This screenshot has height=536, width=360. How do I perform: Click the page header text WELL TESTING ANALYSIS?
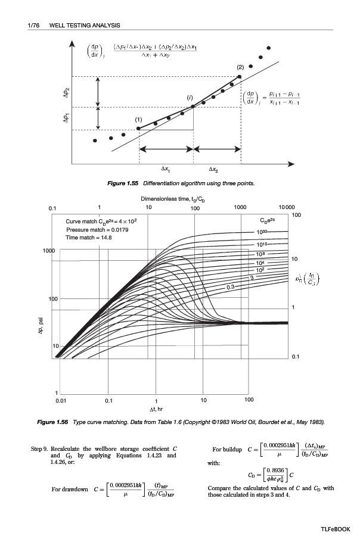pyautogui.click(x=85, y=25)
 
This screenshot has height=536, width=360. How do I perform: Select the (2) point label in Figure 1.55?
pyautogui.click(x=241, y=67)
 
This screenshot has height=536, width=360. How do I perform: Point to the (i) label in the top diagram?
pyautogui.click(x=190, y=97)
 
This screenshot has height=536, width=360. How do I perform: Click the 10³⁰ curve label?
pyautogui.click(x=263, y=232)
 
